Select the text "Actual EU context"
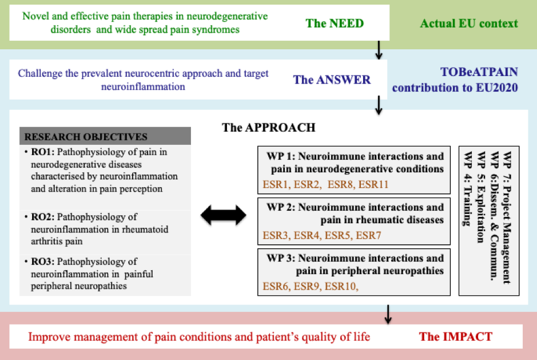point(469,23)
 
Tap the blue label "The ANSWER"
point(332,80)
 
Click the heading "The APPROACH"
point(268,127)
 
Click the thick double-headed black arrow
point(223,215)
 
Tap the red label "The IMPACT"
point(455,337)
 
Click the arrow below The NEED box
point(378,50)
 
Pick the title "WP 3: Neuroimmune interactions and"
point(355,258)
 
